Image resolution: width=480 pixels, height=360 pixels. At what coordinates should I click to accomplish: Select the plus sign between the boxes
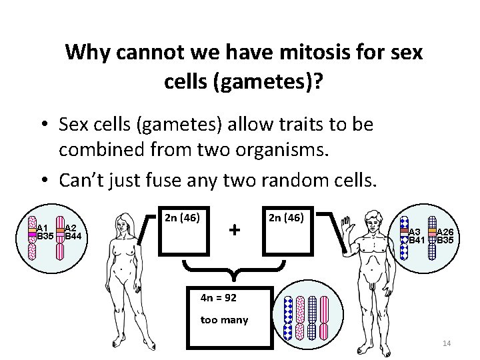(x=234, y=230)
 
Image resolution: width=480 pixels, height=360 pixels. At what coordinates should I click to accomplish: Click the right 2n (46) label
(x=286, y=217)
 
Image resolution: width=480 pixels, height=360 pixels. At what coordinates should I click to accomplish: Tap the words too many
(x=224, y=320)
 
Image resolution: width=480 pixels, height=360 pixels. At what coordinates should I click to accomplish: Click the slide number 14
(x=447, y=343)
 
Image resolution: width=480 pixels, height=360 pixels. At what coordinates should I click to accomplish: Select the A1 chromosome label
(x=43, y=227)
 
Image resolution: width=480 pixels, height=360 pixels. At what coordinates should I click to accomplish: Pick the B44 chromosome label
(x=73, y=235)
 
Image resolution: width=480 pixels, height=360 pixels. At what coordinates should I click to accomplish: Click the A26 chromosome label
(x=445, y=232)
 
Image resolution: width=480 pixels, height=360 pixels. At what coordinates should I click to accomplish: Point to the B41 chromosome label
(x=417, y=239)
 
